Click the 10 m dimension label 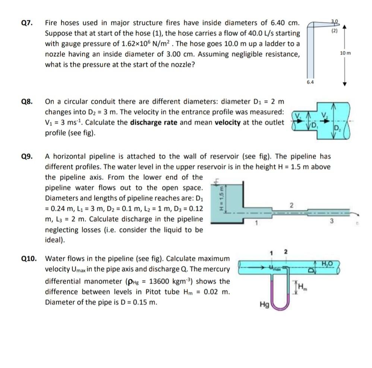tap(345, 53)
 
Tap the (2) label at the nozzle tap(334, 31)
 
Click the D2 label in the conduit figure tap(337, 129)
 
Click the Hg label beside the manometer tap(264, 304)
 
